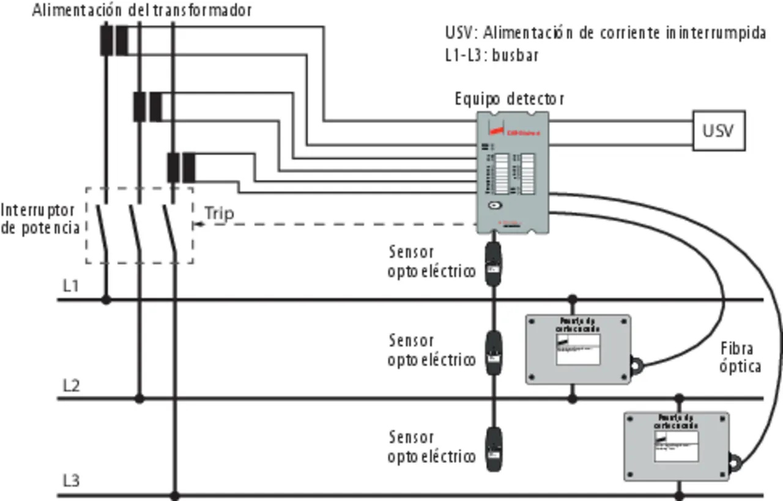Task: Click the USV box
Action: click(718, 130)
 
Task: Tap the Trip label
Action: click(219, 213)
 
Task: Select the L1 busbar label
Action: click(71, 285)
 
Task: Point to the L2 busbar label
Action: click(71, 385)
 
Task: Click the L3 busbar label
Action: click(71, 481)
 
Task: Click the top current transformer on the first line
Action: click(114, 40)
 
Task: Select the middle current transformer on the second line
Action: click(147, 106)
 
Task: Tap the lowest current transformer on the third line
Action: click(181, 168)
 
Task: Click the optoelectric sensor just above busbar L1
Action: click(493, 264)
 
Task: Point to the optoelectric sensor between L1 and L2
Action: click(493, 353)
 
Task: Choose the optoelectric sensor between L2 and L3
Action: click(493, 450)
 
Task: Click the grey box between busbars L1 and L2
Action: click(578, 349)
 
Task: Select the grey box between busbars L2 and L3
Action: click(676, 446)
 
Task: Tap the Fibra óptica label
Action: click(740, 357)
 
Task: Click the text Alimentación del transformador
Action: click(141, 10)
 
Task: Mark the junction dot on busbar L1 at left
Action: click(106, 300)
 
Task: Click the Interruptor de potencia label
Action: click(40, 218)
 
